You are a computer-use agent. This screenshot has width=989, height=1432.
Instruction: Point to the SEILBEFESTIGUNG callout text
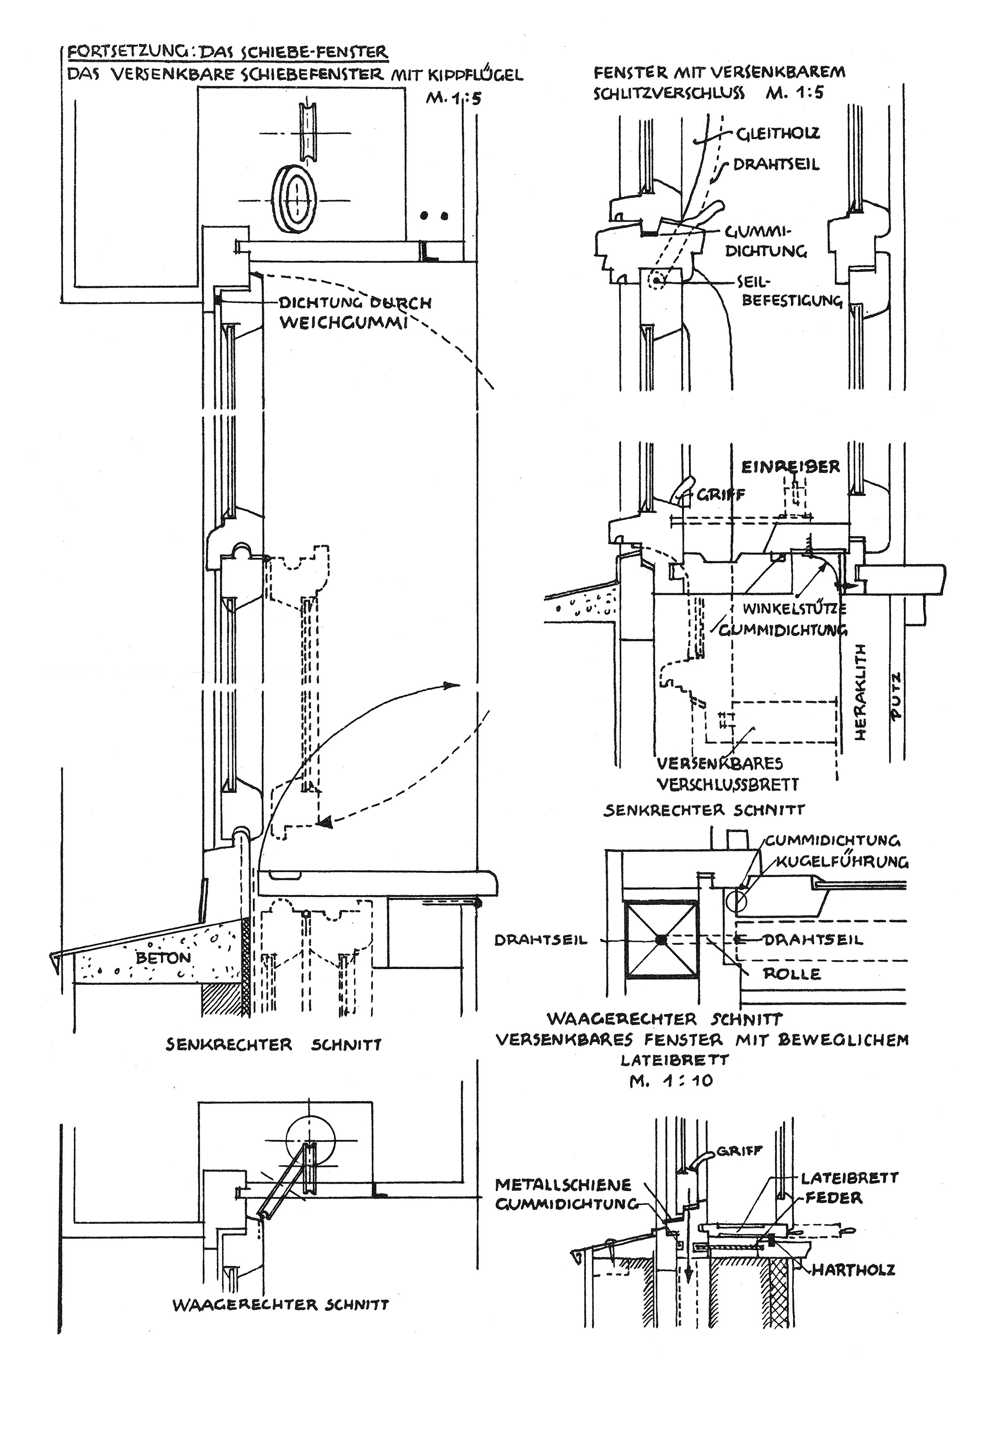click(x=790, y=291)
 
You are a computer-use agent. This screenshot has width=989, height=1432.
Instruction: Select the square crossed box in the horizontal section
click(x=662, y=939)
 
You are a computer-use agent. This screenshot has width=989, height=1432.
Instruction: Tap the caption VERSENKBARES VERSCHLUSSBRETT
click(x=728, y=774)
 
